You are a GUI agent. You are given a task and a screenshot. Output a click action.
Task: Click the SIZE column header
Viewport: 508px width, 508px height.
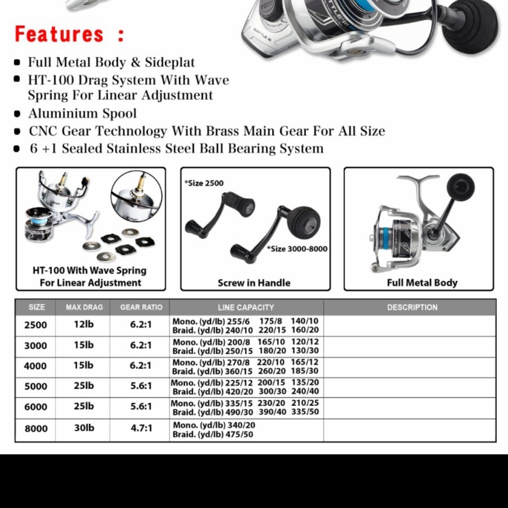pyautogui.click(x=36, y=307)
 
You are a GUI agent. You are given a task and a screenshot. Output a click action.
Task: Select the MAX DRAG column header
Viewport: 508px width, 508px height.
pyautogui.click(x=84, y=307)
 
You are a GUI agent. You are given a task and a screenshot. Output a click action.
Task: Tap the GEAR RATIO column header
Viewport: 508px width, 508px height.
pyautogui.click(x=141, y=307)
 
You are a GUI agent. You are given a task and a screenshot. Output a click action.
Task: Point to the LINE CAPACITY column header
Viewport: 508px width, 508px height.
pyautogui.click(x=246, y=307)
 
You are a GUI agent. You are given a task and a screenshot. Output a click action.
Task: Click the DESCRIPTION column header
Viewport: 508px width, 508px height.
pyautogui.click(x=412, y=307)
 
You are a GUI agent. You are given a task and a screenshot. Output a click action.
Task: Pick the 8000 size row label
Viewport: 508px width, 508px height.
pyautogui.click(x=36, y=428)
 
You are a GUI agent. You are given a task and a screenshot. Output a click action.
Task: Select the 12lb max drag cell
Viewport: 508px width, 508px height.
pyautogui.click(x=84, y=325)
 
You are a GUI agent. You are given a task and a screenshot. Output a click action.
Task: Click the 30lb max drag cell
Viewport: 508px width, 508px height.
pyautogui.click(x=84, y=428)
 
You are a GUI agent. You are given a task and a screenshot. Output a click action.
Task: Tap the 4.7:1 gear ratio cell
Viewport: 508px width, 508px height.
pyautogui.click(x=141, y=428)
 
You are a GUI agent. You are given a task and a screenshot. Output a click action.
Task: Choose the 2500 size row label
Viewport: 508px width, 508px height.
pyautogui.click(x=36, y=325)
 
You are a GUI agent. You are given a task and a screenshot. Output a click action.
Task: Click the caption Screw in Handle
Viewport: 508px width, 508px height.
pyautogui.click(x=254, y=283)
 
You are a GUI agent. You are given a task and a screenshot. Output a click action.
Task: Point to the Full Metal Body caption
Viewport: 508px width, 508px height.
pyautogui.click(x=422, y=282)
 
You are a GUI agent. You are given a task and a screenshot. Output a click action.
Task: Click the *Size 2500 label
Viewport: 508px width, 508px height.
pyautogui.click(x=204, y=183)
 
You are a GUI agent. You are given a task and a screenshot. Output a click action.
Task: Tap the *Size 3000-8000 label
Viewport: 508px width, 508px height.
pyautogui.click(x=297, y=248)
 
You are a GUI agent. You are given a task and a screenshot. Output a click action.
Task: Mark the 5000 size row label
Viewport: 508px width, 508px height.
pyautogui.click(x=36, y=387)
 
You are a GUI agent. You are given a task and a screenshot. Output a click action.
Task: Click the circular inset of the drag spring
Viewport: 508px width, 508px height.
pyautogui.click(x=136, y=196)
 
